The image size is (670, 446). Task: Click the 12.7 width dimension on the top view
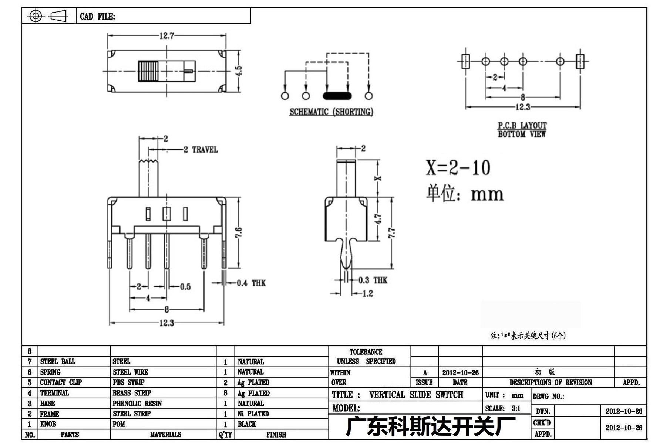coord(166,36)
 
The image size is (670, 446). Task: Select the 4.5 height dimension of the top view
coord(239,71)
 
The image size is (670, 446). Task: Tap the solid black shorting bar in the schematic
coord(337,96)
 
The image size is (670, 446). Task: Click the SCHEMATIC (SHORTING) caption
coord(331,112)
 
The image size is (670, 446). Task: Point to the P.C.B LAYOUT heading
coord(522,126)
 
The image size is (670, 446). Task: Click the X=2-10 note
coord(458,168)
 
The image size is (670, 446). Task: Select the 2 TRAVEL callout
coord(201,150)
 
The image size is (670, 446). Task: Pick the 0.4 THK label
coord(251,283)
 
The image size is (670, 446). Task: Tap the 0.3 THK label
coord(373,280)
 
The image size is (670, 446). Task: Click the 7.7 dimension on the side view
coord(392,233)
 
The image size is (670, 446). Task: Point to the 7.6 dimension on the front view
coord(239,233)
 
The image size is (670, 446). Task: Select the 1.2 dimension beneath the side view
coord(367,294)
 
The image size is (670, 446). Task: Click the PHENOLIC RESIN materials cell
coord(137,404)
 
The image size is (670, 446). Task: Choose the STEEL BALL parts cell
coord(57,361)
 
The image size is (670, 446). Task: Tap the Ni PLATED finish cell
coord(253,414)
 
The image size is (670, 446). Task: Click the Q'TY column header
coord(225,435)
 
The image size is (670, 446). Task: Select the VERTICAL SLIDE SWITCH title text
coord(416,395)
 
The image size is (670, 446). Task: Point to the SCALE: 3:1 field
coord(503,408)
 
